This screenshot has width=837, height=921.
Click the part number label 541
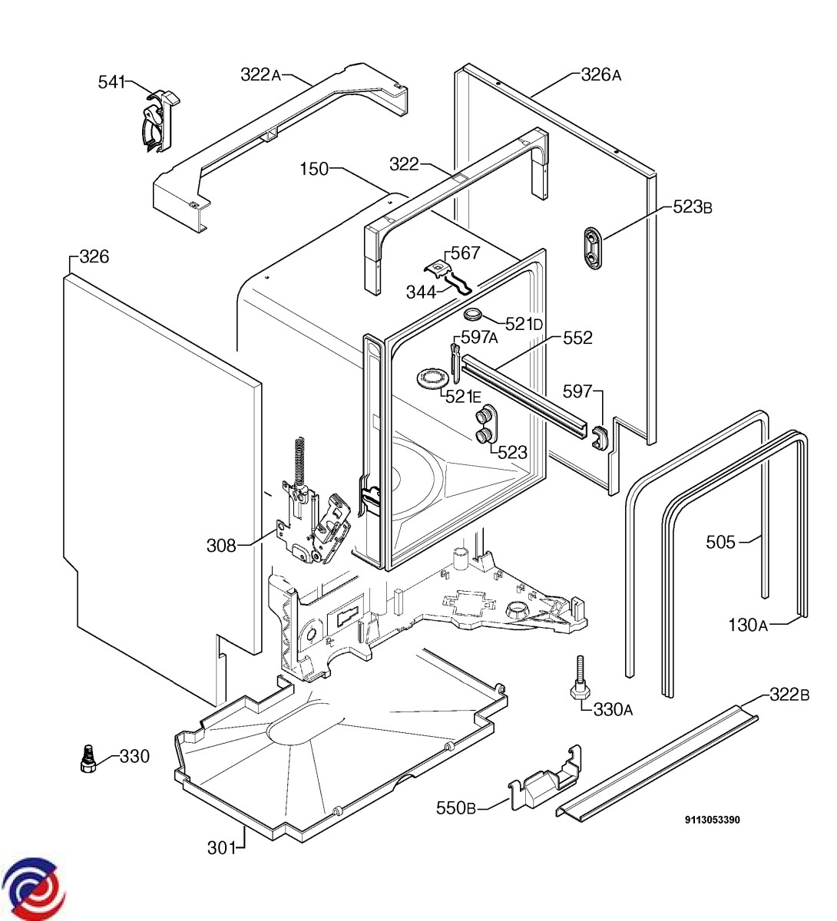coord(111,82)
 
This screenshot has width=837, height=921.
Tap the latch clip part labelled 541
coord(160,122)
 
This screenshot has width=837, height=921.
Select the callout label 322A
coord(260,74)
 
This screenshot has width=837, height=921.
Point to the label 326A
coord(601,74)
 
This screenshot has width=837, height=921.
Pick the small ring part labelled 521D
coord(471,315)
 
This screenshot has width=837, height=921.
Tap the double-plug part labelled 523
coord(485,424)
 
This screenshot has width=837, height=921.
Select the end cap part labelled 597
coord(597,438)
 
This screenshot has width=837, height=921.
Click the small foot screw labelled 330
coord(87,760)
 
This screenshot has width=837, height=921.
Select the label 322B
coord(789,695)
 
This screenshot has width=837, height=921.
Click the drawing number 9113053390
coord(713,820)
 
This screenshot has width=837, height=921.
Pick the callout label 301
coord(221,848)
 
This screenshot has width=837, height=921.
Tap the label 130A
coord(748,625)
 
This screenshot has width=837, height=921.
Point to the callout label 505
coord(720,542)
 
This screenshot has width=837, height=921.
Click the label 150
coord(314,169)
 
